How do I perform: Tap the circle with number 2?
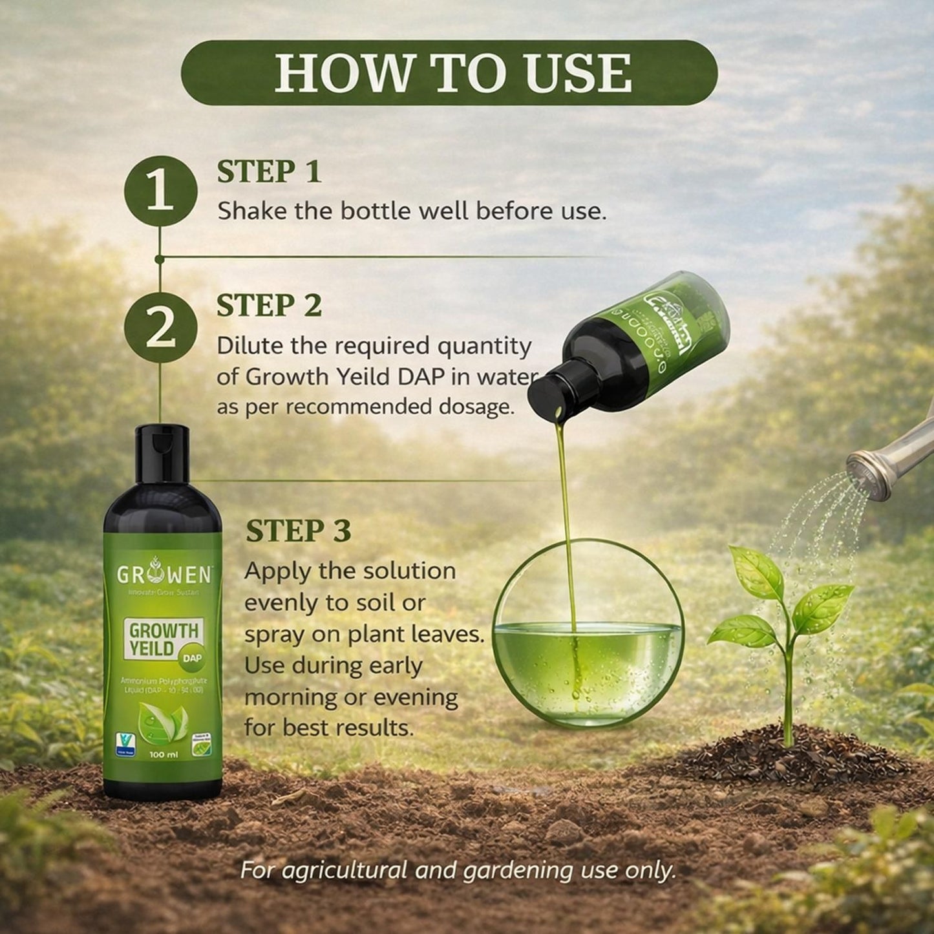point(161,328)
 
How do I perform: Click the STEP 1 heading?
point(269,172)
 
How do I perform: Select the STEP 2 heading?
point(269,306)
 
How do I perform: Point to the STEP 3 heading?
point(298,531)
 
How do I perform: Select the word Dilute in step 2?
point(248,346)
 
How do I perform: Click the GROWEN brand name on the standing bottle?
point(162,574)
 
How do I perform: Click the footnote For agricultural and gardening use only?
point(458,870)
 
